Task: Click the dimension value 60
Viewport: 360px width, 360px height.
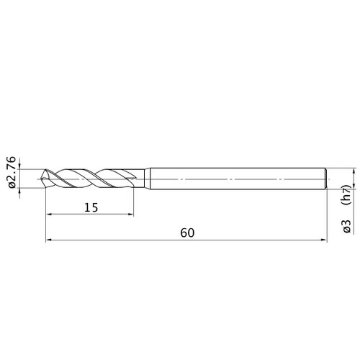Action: pos(187,233)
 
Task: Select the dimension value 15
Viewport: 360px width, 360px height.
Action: pos(91,207)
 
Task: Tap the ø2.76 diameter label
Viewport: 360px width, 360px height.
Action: pos(12,172)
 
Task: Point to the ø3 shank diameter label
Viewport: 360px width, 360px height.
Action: pos(347,226)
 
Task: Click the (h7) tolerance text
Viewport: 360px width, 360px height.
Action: pos(347,194)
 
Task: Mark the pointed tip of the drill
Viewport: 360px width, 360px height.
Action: pos(41,179)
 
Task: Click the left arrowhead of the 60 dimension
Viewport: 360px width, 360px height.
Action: pos(48,240)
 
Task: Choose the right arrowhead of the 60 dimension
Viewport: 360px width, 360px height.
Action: pos(324,240)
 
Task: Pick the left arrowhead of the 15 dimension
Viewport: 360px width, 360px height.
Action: pos(49,214)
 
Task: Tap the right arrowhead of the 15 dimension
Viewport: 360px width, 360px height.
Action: pos(130,214)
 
